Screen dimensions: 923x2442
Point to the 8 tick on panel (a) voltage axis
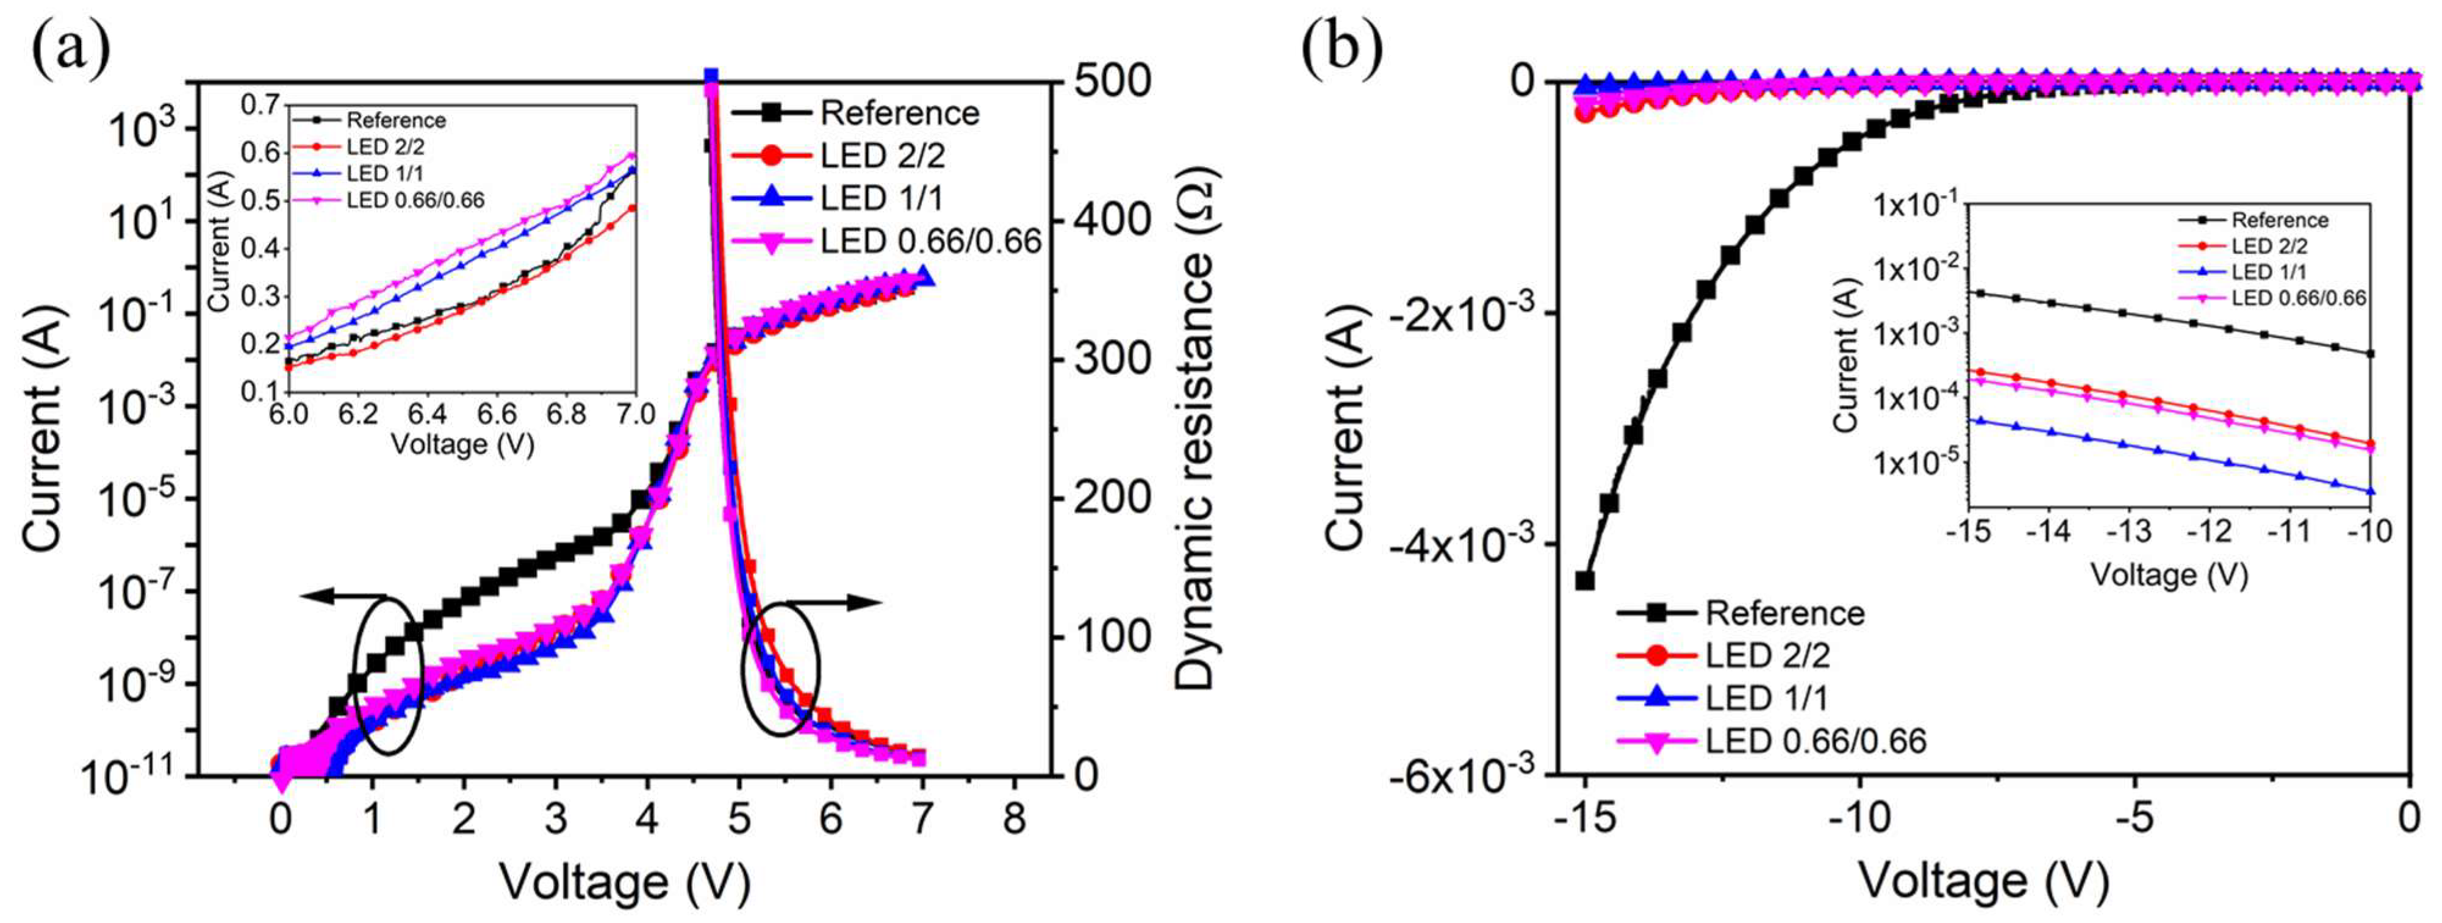point(1015,817)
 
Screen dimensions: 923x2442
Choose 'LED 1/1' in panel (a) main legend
point(882,199)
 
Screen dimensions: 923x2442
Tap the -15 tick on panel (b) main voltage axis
point(1584,817)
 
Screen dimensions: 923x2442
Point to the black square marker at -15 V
point(1585,580)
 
